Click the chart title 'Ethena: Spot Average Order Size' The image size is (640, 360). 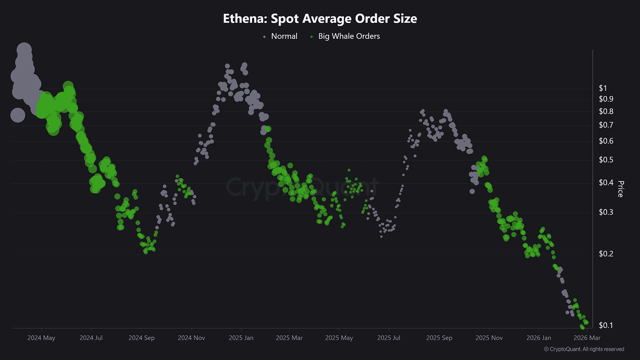(x=320, y=19)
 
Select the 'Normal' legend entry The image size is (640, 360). (x=284, y=36)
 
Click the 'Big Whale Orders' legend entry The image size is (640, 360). (x=349, y=36)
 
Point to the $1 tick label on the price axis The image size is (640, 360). (x=603, y=88)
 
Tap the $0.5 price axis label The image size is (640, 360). (x=606, y=160)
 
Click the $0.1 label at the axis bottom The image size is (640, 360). (x=606, y=325)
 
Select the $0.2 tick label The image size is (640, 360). (x=606, y=254)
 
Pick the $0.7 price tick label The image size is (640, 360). (x=606, y=125)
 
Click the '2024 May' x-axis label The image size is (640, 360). (x=41, y=338)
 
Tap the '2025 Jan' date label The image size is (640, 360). (x=241, y=338)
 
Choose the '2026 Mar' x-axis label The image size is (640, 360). (x=587, y=338)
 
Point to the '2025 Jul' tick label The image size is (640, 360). (x=389, y=338)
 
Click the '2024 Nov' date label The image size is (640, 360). (x=191, y=338)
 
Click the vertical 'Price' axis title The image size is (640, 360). (x=621, y=189)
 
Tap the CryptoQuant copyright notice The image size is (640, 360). (x=584, y=349)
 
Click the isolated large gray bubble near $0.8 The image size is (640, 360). (x=18, y=115)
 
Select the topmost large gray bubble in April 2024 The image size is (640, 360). (x=24, y=50)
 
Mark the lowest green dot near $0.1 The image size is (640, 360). (x=582, y=327)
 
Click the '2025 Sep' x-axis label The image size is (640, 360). (x=439, y=338)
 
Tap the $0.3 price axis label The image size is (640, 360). (x=606, y=212)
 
